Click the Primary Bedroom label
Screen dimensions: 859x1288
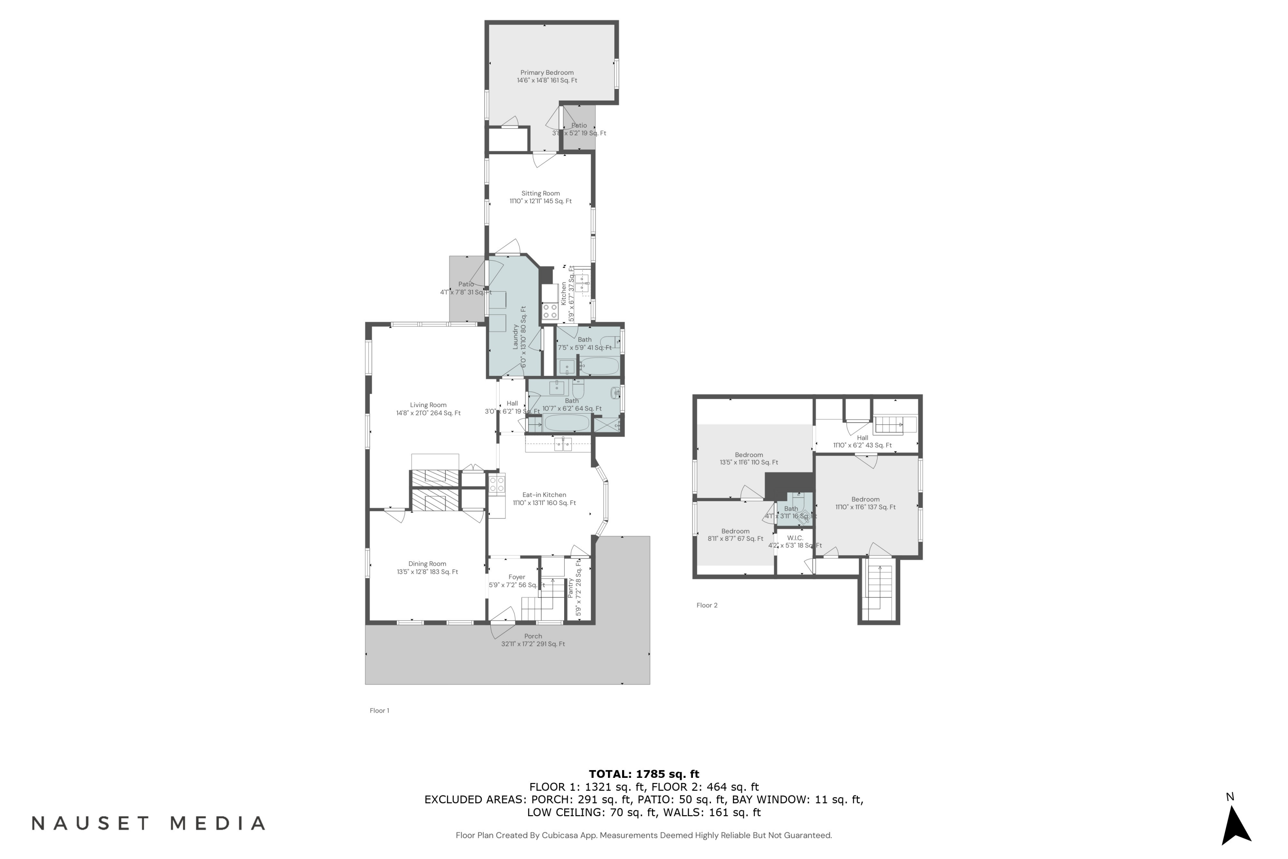point(547,76)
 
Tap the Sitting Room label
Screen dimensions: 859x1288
point(540,197)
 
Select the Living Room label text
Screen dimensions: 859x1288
point(428,409)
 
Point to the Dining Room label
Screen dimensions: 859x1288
point(427,567)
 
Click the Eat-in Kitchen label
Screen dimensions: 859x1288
point(544,499)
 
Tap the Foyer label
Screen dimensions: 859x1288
point(516,581)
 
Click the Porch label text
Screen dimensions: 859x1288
point(532,640)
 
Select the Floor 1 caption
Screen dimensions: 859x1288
point(379,710)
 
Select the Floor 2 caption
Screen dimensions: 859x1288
point(706,605)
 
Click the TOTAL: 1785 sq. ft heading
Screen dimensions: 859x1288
point(644,774)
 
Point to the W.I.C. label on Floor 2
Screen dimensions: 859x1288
point(795,541)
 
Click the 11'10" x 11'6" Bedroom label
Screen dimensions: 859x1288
point(865,503)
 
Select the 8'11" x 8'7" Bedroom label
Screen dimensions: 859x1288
point(735,535)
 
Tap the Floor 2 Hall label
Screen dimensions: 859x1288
point(862,442)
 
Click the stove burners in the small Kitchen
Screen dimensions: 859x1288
point(550,311)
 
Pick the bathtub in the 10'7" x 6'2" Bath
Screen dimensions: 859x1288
point(566,423)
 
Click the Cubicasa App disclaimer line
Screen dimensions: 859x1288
point(644,835)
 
